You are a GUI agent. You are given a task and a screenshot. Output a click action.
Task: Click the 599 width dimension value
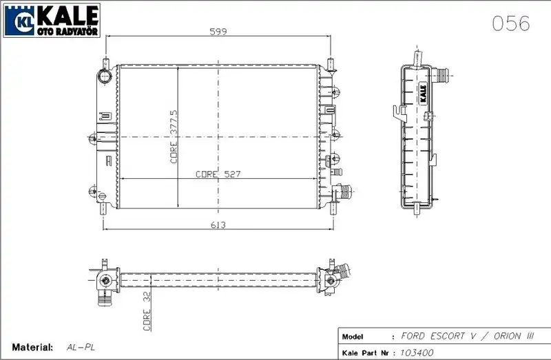pos(218,31)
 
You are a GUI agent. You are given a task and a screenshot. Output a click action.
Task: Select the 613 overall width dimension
pos(218,225)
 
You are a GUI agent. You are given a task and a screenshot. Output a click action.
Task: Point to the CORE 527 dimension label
pos(218,174)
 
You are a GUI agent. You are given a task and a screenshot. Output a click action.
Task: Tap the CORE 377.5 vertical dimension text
pos(174,136)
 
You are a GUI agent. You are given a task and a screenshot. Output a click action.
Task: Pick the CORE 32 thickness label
pos(147,312)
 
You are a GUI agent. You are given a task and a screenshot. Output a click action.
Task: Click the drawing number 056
pos(510,23)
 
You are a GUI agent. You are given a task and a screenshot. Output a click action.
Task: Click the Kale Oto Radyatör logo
pos(52,21)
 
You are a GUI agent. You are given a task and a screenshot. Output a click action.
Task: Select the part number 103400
pos(417,352)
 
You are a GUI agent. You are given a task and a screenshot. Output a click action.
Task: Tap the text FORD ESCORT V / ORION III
pos(468,336)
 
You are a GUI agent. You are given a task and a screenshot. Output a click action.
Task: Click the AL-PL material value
pos(81,348)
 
